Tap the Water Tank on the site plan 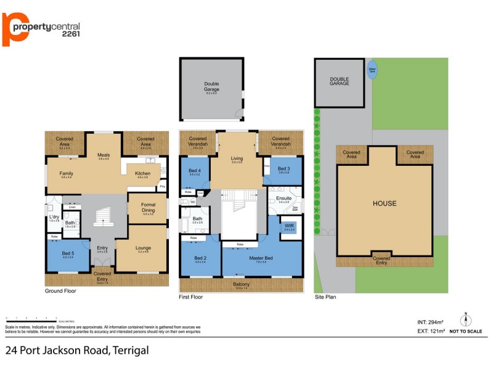(x=372, y=69)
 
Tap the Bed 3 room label (x=283, y=170)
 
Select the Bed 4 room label (x=195, y=171)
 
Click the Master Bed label (x=261, y=258)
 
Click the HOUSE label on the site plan (x=385, y=203)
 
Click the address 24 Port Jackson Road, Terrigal (x=77, y=351)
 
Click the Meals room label (x=104, y=155)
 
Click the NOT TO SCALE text (x=466, y=332)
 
